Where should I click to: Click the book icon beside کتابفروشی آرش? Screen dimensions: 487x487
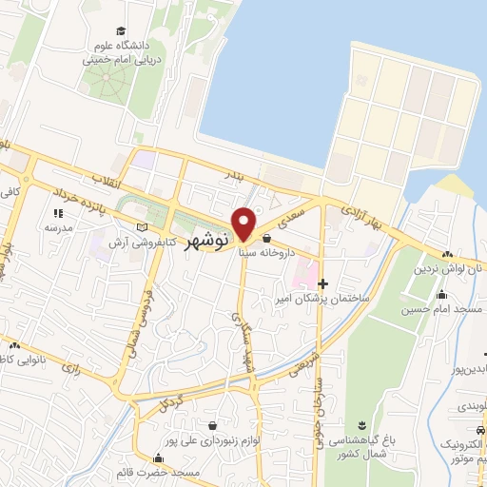pyautogui.click(x=142, y=228)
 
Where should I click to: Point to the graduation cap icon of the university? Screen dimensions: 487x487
pyautogui.click(x=120, y=32)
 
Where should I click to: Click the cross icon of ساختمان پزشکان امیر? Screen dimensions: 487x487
pyautogui.click(x=323, y=283)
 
